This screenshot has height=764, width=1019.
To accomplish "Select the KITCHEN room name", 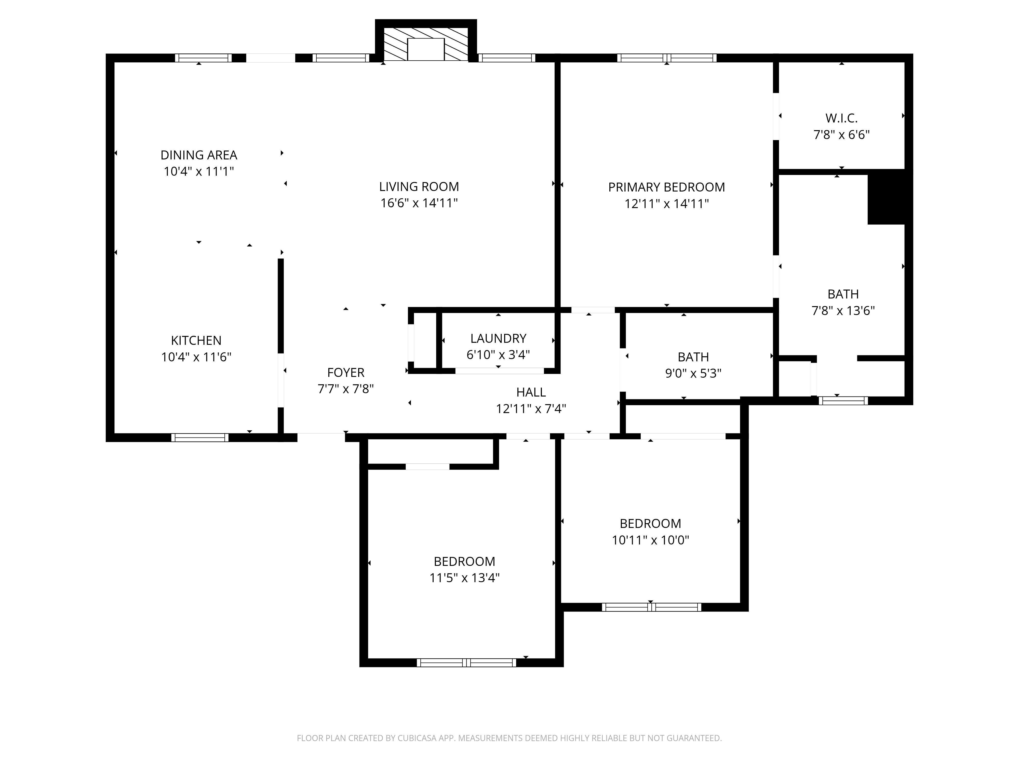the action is coord(196,340).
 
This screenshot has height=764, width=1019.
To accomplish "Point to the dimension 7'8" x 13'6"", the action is coord(843,311).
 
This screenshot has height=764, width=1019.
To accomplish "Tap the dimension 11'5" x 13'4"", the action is coord(464,578).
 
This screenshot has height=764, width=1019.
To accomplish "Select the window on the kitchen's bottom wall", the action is coord(200,438).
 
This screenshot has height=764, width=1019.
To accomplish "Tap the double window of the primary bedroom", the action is coord(667,58).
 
